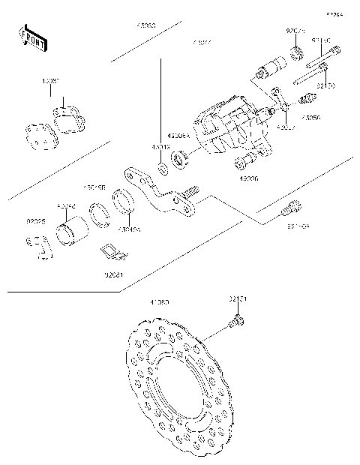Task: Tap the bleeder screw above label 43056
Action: (307, 100)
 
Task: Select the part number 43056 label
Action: (310, 118)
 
